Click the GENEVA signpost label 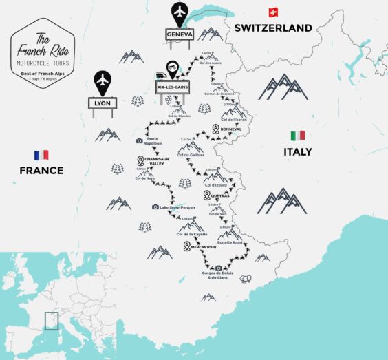(180, 34)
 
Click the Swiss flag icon (273, 12)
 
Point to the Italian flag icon (297, 136)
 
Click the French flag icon (41, 155)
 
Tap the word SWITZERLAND (273, 28)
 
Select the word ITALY (297, 151)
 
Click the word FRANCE (41, 171)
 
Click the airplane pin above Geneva (180, 12)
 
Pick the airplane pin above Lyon (102, 80)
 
